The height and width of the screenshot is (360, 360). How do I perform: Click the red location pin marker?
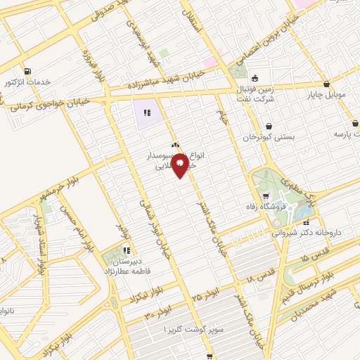(180, 165)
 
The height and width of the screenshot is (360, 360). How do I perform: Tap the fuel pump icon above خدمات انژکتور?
(27, 70)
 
